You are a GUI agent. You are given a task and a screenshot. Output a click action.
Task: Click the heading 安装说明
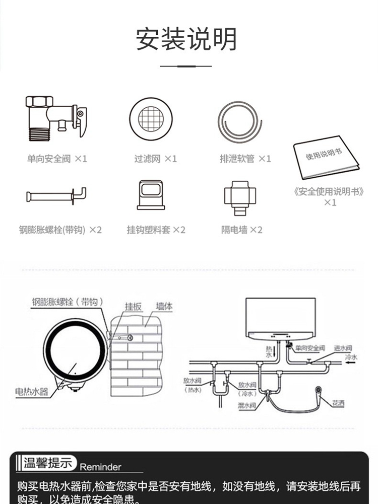(186, 39)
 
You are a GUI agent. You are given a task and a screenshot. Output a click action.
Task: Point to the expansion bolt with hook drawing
(56, 195)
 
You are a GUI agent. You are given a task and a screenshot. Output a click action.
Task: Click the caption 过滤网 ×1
(155, 159)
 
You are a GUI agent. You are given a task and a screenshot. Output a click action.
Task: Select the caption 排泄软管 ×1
(245, 159)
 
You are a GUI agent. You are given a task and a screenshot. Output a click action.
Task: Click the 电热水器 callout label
(32, 391)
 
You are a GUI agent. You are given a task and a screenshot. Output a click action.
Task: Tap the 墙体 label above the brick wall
(164, 306)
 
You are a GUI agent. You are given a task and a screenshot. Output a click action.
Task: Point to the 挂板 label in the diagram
(133, 306)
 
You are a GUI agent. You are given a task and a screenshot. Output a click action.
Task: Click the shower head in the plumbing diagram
(318, 390)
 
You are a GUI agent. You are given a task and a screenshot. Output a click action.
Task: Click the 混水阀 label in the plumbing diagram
(247, 404)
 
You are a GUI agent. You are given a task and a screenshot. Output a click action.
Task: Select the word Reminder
(101, 467)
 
